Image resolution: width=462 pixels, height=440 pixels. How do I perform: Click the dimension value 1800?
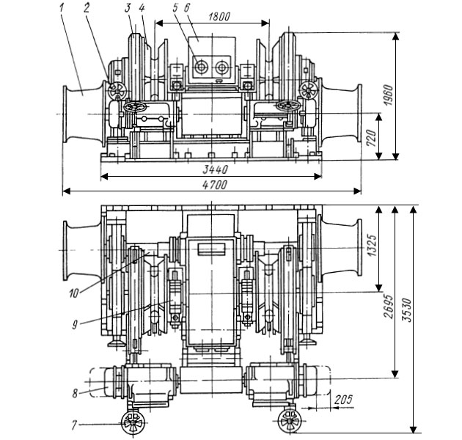click(219, 17)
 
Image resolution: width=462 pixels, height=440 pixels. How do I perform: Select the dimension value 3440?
click(215, 169)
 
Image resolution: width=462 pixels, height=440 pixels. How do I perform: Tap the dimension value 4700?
click(215, 185)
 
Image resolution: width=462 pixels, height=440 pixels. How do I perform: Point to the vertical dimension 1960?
click(388, 95)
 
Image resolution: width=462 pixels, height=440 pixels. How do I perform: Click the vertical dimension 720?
click(371, 138)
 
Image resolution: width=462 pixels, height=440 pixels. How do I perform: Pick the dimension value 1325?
click(372, 246)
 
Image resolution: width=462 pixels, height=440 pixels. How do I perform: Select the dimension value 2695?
click(389, 307)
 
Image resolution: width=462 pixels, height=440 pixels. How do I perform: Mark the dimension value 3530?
click(407, 310)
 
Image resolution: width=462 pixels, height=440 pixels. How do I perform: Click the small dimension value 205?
click(343, 400)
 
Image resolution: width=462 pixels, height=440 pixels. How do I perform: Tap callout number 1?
click(62, 7)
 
